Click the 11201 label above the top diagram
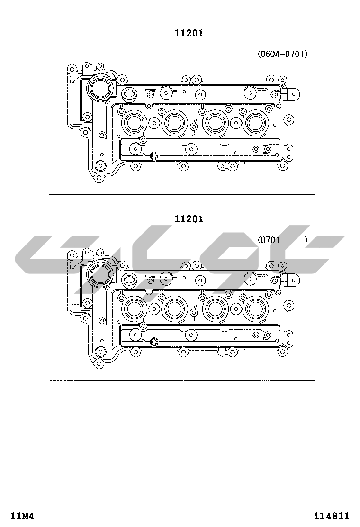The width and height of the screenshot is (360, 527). pos(189,33)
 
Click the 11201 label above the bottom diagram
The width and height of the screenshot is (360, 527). pos(189,219)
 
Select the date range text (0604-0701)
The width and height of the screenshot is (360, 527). pos(282,54)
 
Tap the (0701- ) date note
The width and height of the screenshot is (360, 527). pos(282,240)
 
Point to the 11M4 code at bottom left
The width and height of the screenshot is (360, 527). pos(22,516)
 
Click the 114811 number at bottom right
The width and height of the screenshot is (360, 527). pos(332,516)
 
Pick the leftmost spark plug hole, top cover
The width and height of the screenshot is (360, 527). pos(135,123)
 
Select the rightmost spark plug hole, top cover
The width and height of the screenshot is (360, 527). pos(257,123)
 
